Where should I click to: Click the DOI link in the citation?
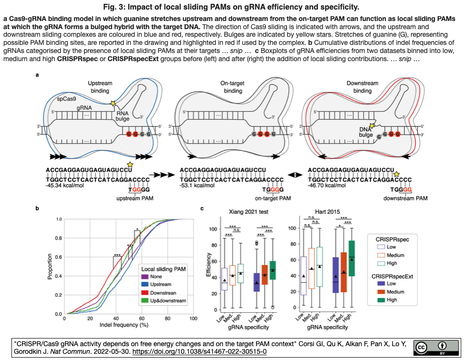point(200,352)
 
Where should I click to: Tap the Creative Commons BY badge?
point(436,348)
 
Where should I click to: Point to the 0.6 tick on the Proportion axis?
point(59,257)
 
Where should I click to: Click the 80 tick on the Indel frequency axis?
point(168,318)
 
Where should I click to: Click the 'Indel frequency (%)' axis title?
point(124,325)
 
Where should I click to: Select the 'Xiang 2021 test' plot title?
point(248,212)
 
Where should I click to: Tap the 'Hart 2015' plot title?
point(327,212)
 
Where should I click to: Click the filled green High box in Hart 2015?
point(351,258)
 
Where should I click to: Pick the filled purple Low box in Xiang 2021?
point(256,282)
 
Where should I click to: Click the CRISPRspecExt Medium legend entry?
point(391,292)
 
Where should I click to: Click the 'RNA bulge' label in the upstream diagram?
point(122,116)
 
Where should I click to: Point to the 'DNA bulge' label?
point(366,132)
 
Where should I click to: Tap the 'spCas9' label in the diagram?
point(66,99)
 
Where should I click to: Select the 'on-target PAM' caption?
point(273,198)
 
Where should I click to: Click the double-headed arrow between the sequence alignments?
point(295,175)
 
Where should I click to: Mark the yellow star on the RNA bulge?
point(113,103)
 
